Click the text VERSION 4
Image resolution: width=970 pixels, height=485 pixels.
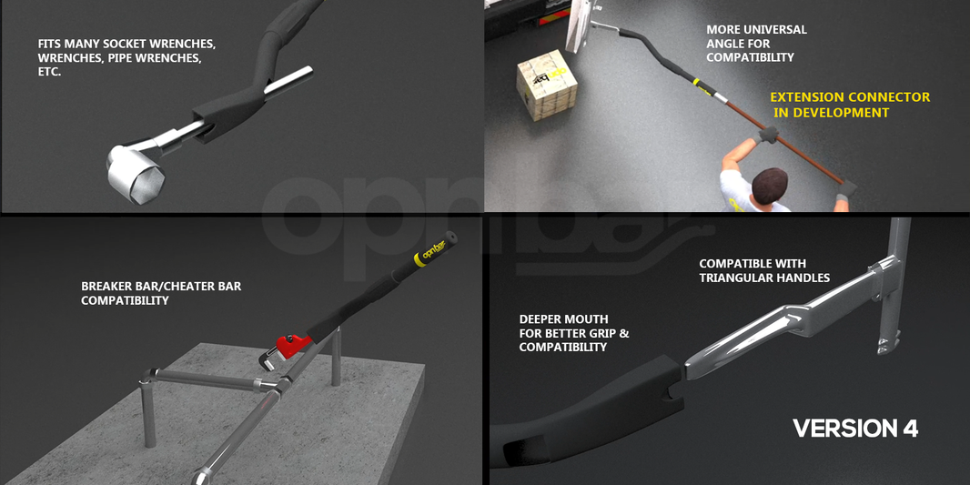[x=854, y=429]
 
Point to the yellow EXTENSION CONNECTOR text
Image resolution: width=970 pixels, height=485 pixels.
[x=850, y=97]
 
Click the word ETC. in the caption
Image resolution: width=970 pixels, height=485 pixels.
[x=49, y=72]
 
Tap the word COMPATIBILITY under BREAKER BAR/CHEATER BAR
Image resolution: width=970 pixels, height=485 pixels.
[x=125, y=301]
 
